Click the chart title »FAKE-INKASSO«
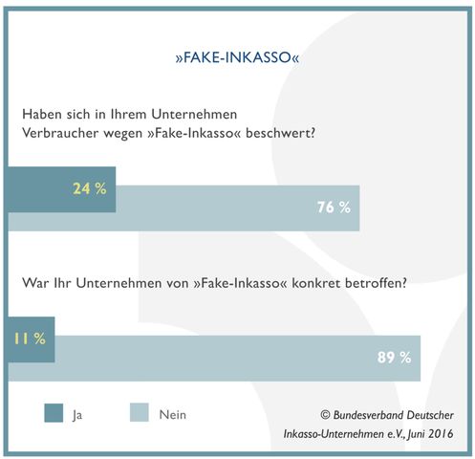pos(237,57)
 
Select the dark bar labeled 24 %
pos(62,189)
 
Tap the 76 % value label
pos(334,208)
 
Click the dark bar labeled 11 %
pos(32,339)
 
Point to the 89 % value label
pos(394,358)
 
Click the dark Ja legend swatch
pos(54,413)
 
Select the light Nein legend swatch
pos(140,412)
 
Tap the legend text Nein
pos(173,415)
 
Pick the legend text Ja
pos(77,415)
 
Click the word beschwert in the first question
pos(280,133)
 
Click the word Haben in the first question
pos(42,114)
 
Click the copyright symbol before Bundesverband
pos(325,415)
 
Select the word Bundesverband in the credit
pos(368,415)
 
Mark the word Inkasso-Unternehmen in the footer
pos(334,434)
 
